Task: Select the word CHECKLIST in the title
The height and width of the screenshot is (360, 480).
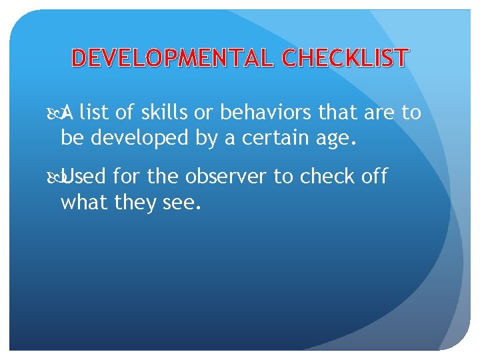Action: (345, 59)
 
